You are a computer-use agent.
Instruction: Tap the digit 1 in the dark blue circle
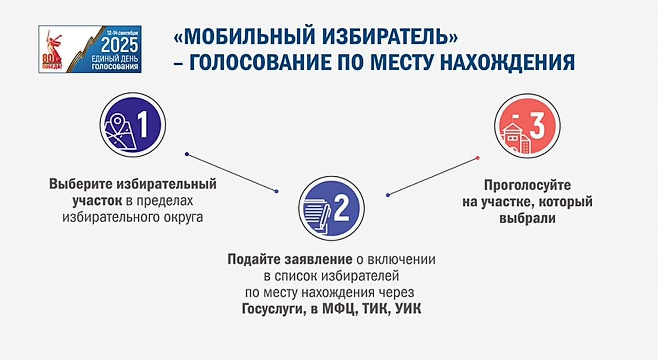[143, 124]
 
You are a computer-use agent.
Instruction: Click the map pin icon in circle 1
[117, 121]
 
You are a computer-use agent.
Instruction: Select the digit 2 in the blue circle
[342, 208]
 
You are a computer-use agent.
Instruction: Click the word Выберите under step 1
[81, 184]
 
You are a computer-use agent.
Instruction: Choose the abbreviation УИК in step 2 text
[408, 309]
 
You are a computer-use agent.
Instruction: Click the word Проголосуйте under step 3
[527, 186]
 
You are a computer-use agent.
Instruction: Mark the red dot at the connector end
[478, 158]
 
